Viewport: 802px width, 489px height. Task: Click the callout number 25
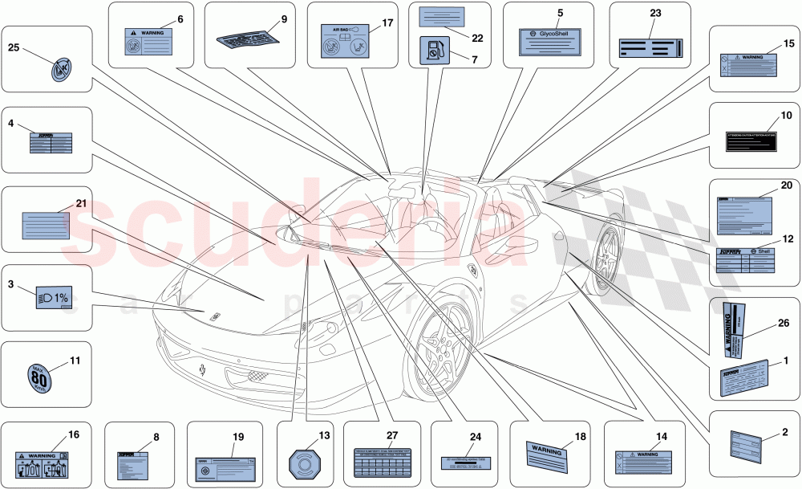pos(14,47)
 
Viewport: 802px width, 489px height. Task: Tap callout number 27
pos(392,434)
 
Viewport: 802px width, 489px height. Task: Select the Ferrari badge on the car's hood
pos(216,316)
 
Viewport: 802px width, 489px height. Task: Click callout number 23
pos(655,14)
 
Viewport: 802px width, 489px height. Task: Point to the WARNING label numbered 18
pos(546,453)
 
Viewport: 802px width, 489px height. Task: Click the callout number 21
pos(80,203)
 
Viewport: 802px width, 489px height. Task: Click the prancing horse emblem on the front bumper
pos(204,370)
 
